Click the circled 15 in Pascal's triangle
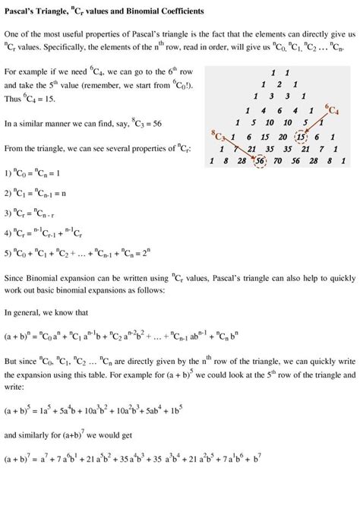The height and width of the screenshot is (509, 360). coord(302,137)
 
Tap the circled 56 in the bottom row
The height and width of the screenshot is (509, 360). coord(260,161)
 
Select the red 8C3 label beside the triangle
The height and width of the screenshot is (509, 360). coord(219,135)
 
